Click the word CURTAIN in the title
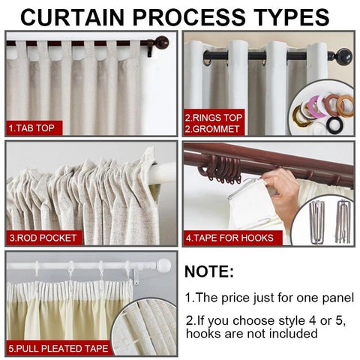pyautogui.click(x=73, y=17)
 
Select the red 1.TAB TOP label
pyautogui.click(x=34, y=128)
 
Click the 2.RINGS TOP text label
pyautogui.click(x=214, y=118)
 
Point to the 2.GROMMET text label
pyautogui.click(x=212, y=129)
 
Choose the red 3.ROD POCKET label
pyautogui.click(x=43, y=238)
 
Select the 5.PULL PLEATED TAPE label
pyautogui.click(x=58, y=348)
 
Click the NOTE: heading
pyautogui.click(x=209, y=271)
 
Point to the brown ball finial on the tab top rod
pyautogui.click(x=162, y=43)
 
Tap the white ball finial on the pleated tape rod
pyautogui.click(x=163, y=265)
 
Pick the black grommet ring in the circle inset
pyautogui.click(x=335, y=126)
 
